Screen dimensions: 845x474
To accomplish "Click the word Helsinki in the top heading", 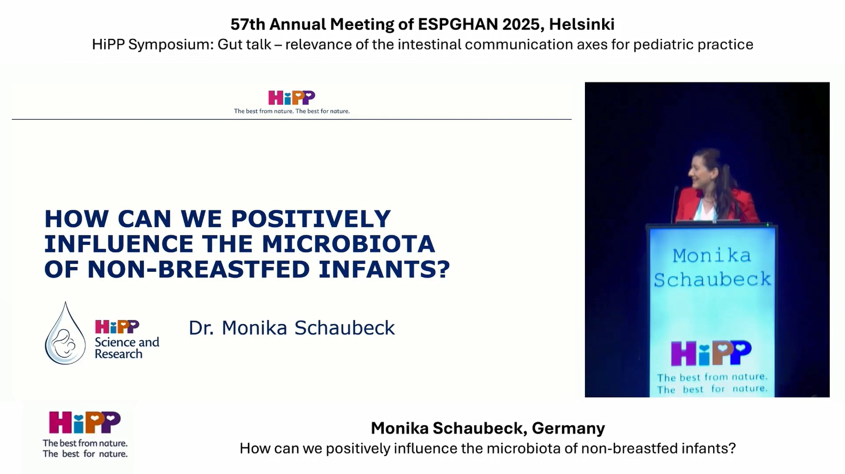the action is point(581,24).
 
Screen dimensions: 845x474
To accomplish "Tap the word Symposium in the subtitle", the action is point(170,45).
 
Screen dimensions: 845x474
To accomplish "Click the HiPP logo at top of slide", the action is point(291,98).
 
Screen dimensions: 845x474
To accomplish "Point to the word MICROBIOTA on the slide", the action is point(348,244).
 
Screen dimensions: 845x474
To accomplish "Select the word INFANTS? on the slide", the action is point(384,269).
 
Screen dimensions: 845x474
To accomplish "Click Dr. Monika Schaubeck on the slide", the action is point(291,328).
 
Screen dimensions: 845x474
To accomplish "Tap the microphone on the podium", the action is point(674,204).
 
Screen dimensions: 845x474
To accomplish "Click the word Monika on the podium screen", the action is point(712,256).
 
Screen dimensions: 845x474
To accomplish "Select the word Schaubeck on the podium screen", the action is point(713,279).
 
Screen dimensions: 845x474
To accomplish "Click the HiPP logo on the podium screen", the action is point(711,353).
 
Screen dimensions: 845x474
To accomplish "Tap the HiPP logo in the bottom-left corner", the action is point(85,423).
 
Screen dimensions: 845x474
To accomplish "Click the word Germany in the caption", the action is point(568,428).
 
